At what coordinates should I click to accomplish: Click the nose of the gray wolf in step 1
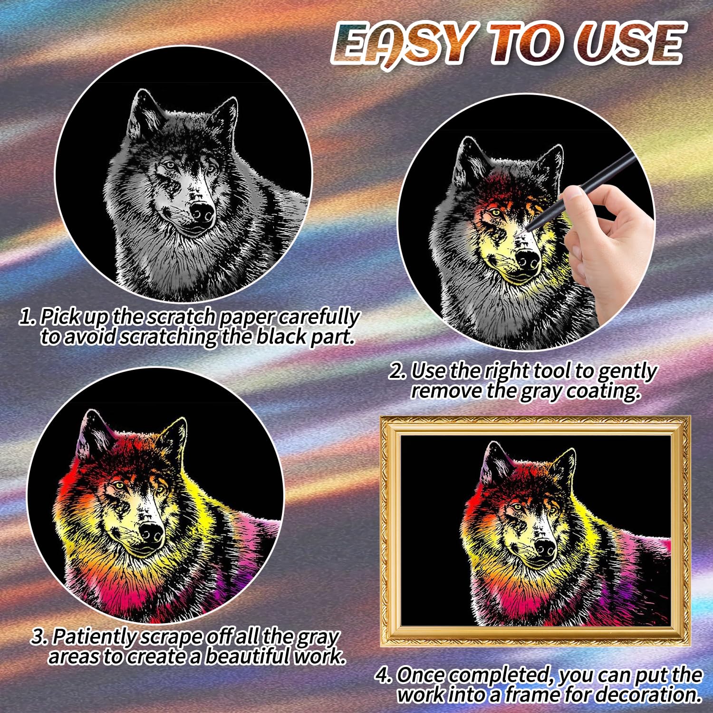point(202,213)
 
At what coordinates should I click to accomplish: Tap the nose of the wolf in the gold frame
point(545,548)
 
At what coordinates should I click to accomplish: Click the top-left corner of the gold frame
point(381,417)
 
